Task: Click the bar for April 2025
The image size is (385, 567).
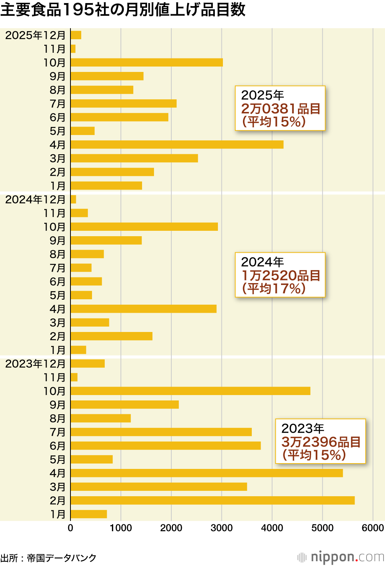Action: pos(177,145)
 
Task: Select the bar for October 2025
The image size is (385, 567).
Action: pos(147,62)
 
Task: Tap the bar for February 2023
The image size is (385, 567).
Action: pos(213,500)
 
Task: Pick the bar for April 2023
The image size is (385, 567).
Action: pos(207,473)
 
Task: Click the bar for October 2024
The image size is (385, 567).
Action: pos(144,227)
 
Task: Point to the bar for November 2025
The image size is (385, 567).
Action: pos(73,49)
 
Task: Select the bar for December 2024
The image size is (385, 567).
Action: pos(74,199)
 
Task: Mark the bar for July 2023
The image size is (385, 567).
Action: pos(161,432)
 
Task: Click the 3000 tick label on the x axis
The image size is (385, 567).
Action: pos(221,528)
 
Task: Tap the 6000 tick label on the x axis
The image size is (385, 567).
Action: pos(373,528)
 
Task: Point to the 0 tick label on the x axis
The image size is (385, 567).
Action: pos(70,528)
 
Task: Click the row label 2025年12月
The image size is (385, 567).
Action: pos(35,35)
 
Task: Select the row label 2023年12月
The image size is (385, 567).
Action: pos(35,364)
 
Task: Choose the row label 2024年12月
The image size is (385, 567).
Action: pos(35,200)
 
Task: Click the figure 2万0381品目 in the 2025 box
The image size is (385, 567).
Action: pos(281,109)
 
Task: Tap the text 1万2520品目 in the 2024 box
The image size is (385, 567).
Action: pos(281,275)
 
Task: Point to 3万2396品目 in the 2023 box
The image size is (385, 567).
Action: pos(321,442)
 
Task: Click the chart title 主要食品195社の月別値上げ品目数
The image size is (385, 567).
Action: pos(123,10)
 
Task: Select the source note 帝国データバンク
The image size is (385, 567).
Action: pos(62,558)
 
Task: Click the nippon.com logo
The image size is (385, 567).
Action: pos(341,557)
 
